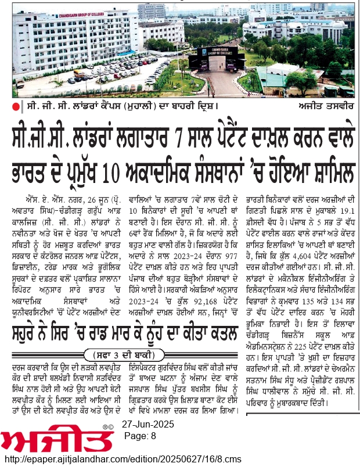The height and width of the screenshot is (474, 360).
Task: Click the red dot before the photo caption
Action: coord(17,106)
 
